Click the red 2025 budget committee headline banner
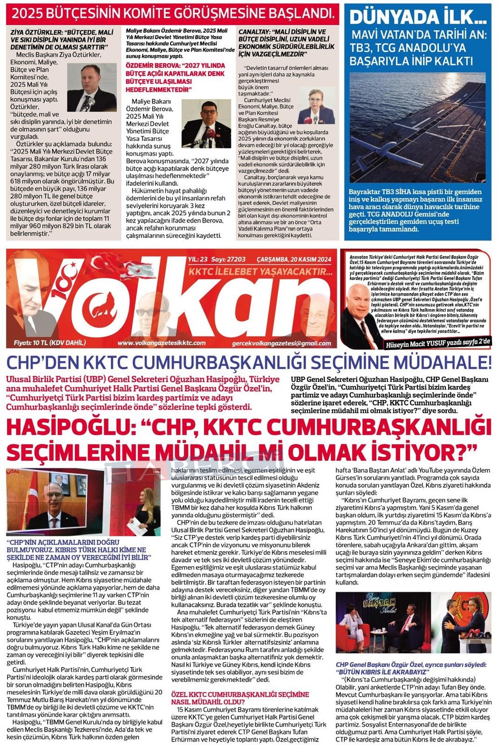(173, 14)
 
